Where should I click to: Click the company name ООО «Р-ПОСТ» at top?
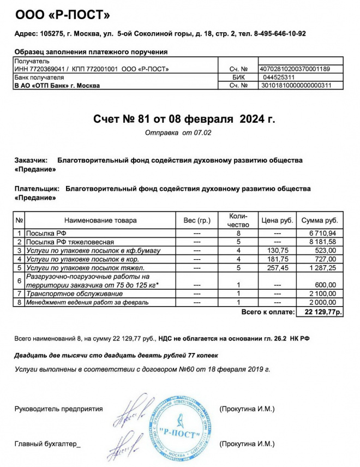click(63, 15)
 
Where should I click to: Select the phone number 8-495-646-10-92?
click(280, 34)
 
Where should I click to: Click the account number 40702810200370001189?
click(295, 69)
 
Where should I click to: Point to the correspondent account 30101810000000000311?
click(295, 86)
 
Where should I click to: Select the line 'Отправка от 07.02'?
click(178, 133)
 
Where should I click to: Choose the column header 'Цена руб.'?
click(278, 220)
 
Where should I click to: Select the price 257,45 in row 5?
click(277, 268)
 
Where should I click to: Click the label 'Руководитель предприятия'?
click(58, 409)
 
